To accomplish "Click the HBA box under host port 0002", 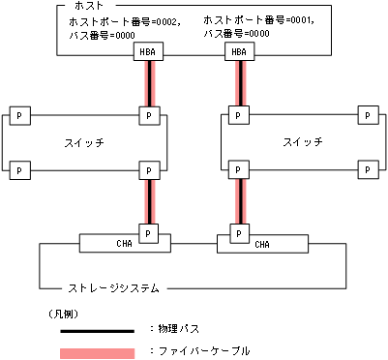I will pyautogui.click(x=148, y=53).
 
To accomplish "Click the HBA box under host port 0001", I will pyautogui.click(x=237, y=53).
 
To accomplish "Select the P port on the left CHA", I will pyautogui.click(x=148, y=233).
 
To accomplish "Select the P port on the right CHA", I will pyautogui.click(x=237, y=233).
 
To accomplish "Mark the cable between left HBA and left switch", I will pyautogui.click(x=148, y=84).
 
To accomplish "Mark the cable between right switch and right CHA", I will pyautogui.click(x=237, y=200).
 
